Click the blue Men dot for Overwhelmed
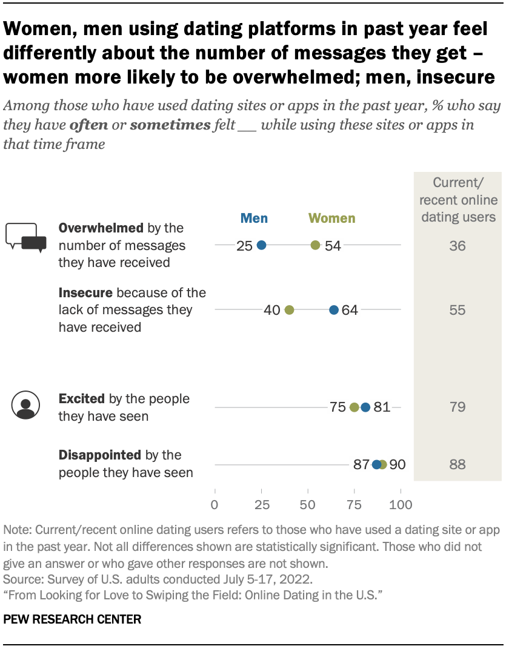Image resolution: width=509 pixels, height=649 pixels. (261, 245)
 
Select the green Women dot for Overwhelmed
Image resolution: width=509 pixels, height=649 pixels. (315, 245)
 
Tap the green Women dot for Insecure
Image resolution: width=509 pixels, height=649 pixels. (289, 310)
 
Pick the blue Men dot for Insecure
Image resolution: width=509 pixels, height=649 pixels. (334, 310)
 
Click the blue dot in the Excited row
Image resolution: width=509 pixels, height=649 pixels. (365, 407)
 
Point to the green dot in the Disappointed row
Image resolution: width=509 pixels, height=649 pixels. (382, 464)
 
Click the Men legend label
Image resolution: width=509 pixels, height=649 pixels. (254, 219)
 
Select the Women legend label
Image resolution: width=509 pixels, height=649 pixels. (331, 219)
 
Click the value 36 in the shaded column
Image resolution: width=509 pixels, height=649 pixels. (457, 246)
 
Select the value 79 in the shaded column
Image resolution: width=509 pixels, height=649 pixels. (457, 407)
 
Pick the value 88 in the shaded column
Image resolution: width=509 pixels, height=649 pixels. (457, 464)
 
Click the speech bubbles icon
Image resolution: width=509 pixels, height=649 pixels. (26, 237)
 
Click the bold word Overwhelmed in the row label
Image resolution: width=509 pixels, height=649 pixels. (101, 228)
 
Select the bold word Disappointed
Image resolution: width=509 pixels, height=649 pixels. (99, 455)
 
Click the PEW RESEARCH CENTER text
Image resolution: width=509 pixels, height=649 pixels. (72, 619)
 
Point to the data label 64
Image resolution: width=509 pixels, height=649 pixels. (350, 310)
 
